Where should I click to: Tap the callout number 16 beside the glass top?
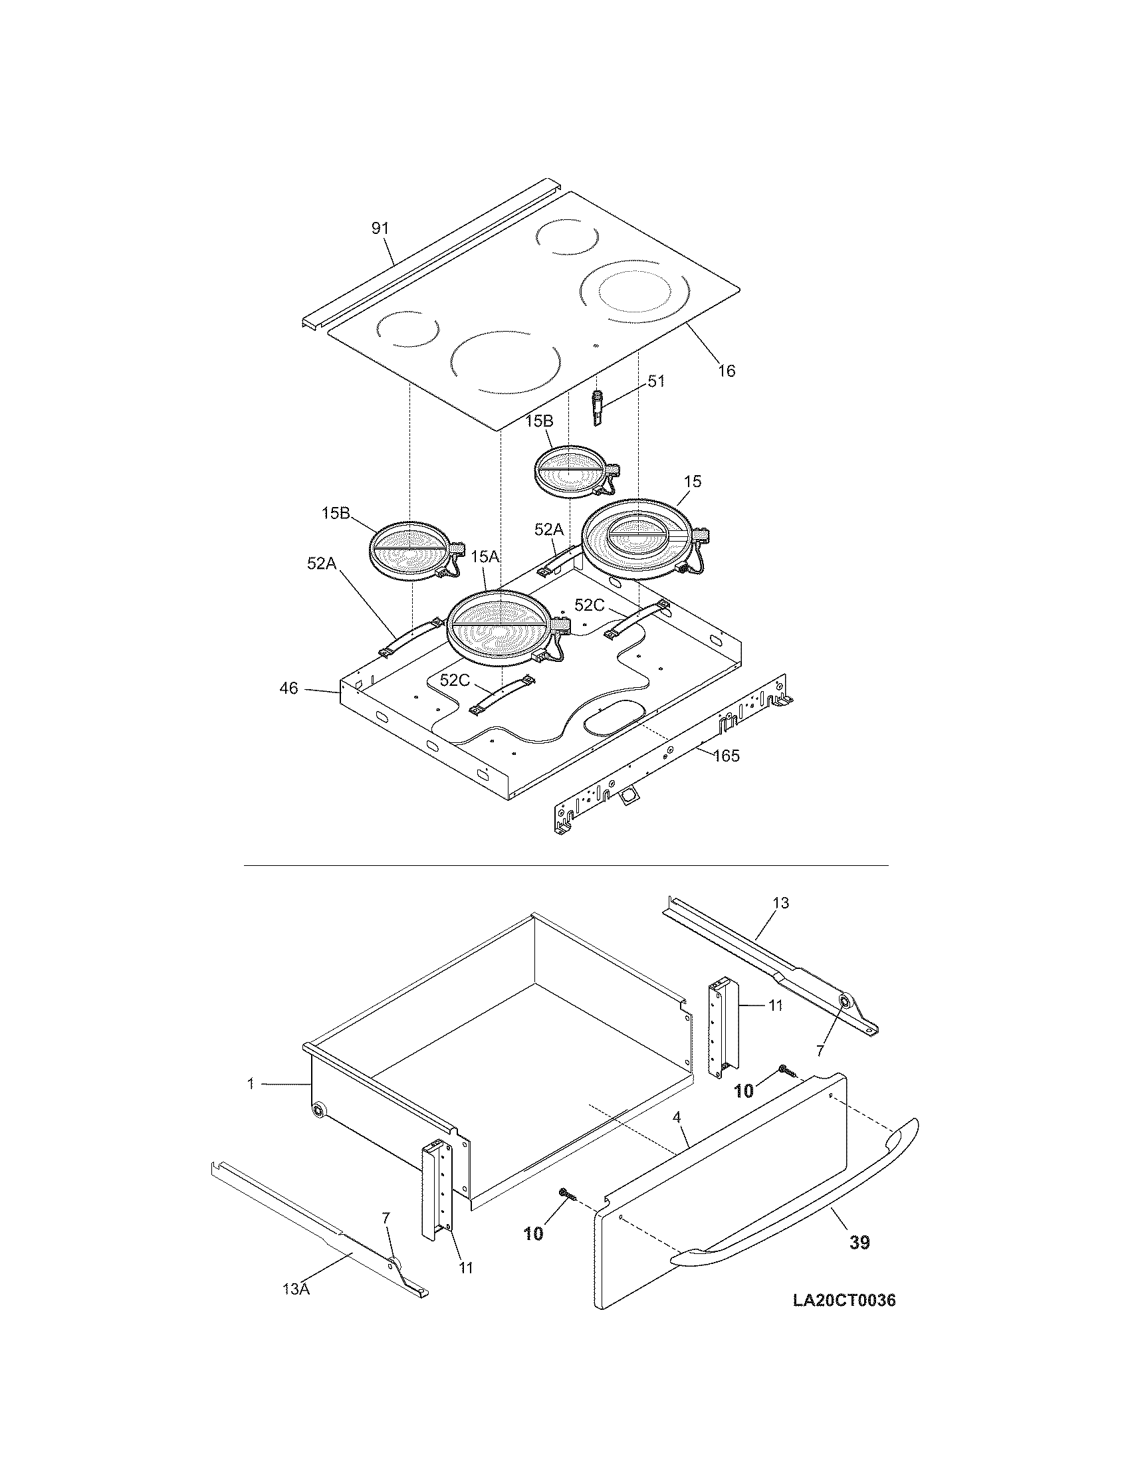tap(727, 370)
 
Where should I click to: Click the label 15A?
tap(485, 557)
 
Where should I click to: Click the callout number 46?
tap(288, 688)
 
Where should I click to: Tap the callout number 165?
tap(727, 756)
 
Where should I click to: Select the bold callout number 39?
tap(859, 1243)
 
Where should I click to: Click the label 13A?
tap(295, 1289)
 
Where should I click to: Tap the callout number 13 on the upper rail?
tap(780, 902)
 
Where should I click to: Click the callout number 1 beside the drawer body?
tap(251, 1083)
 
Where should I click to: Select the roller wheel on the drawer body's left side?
tap(318, 1112)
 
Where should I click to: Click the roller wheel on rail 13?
tap(846, 1021)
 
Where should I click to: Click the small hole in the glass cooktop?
tap(596, 346)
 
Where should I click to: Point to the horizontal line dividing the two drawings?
tap(565, 865)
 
